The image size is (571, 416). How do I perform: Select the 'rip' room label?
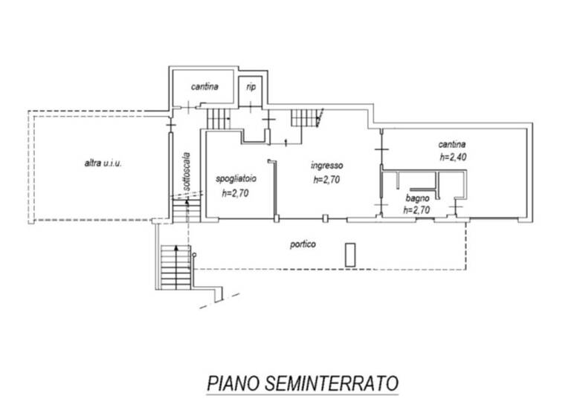[251, 87]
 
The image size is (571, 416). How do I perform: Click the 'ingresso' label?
[326, 166]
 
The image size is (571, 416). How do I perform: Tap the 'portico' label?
[303, 243]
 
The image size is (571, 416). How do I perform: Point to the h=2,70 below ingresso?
[326, 179]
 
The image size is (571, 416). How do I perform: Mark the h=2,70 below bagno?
[416, 210]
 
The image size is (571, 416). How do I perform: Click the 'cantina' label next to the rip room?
[204, 87]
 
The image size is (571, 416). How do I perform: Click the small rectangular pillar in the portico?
[350, 254]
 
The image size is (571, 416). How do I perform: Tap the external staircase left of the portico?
[170, 267]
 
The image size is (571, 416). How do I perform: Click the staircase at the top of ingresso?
[304, 117]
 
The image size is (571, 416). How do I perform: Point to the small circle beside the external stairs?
[193, 255]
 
